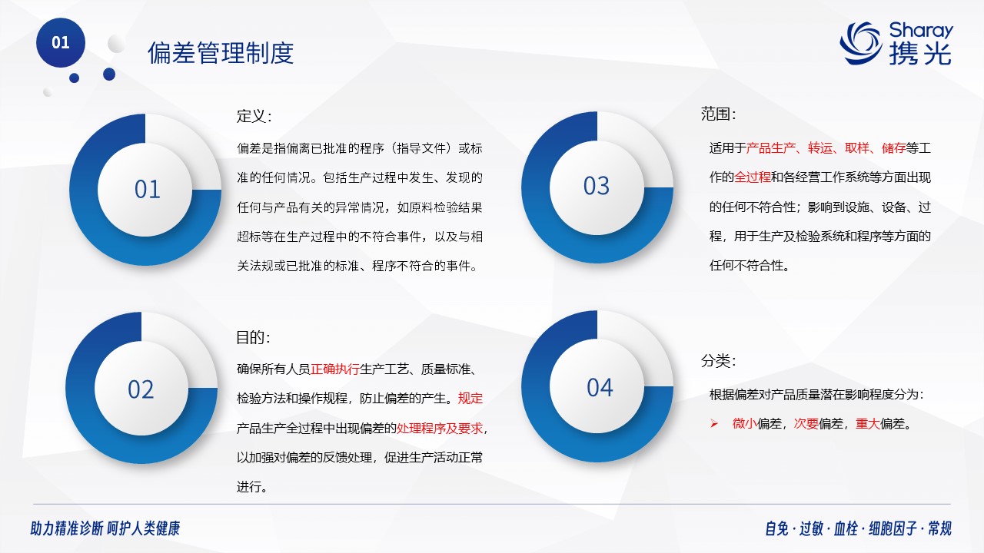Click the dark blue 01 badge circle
pyautogui.click(x=61, y=42)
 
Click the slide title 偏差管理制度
pyautogui.click(x=221, y=53)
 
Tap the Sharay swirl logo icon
pyautogui.click(x=860, y=43)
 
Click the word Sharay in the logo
pyautogui.click(x=921, y=30)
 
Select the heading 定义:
pyautogui.click(x=254, y=116)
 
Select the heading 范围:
pyautogui.click(x=718, y=114)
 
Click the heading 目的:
pyautogui.click(x=253, y=337)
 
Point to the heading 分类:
pyautogui.click(x=718, y=361)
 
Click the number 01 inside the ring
pyautogui.click(x=147, y=190)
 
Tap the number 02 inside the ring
pyautogui.click(x=141, y=389)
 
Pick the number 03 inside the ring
pyautogui.click(x=597, y=186)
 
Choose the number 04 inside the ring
pyautogui.click(x=600, y=388)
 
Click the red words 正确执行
pyautogui.click(x=335, y=369)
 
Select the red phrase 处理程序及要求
pyautogui.click(x=440, y=429)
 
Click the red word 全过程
pyautogui.click(x=753, y=177)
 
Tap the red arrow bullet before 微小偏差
pyautogui.click(x=714, y=424)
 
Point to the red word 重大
pyautogui.click(x=868, y=424)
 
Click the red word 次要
pyautogui.click(x=806, y=424)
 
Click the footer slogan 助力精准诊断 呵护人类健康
pyautogui.click(x=105, y=528)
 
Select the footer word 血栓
pyautogui.click(x=846, y=528)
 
